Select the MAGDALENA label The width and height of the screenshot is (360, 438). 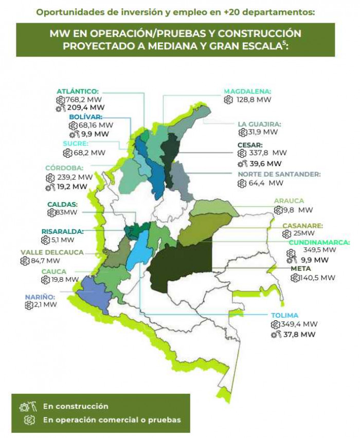coord(247,92)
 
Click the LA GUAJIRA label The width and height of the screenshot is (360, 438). coord(259,124)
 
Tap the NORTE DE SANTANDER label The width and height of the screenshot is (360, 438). coord(279,174)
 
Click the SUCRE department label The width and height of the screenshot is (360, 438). coord(76,143)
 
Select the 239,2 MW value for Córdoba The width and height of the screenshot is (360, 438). coord(75,177)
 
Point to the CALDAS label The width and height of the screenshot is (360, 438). coord(62,204)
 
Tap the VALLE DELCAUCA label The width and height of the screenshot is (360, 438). coord(51,252)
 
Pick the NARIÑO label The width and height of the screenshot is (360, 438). coord(39,297)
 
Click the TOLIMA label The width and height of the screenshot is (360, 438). coord(284,315)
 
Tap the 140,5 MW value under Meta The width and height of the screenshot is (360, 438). coord(318,278)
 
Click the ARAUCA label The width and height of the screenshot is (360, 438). coord(289,200)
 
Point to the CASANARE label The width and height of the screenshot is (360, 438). coord(302,225)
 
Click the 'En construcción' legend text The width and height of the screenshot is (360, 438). coord(76,406)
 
